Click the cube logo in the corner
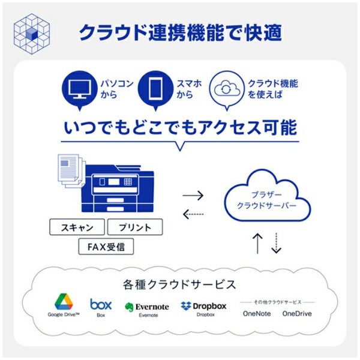[32, 34]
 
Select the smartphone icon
[155, 88]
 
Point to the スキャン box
[77, 227]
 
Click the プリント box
[135, 227]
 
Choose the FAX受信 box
[106, 247]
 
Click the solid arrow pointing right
[193, 196]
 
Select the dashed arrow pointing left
[193, 214]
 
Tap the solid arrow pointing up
[257, 244]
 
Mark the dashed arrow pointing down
[276, 243]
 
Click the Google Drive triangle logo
[64, 301]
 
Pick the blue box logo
[101, 304]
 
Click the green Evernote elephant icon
[129, 307]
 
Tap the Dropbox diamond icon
[186, 305]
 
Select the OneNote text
[257, 314]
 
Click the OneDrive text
[297, 314]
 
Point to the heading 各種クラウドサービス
[179, 284]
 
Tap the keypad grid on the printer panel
[128, 182]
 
